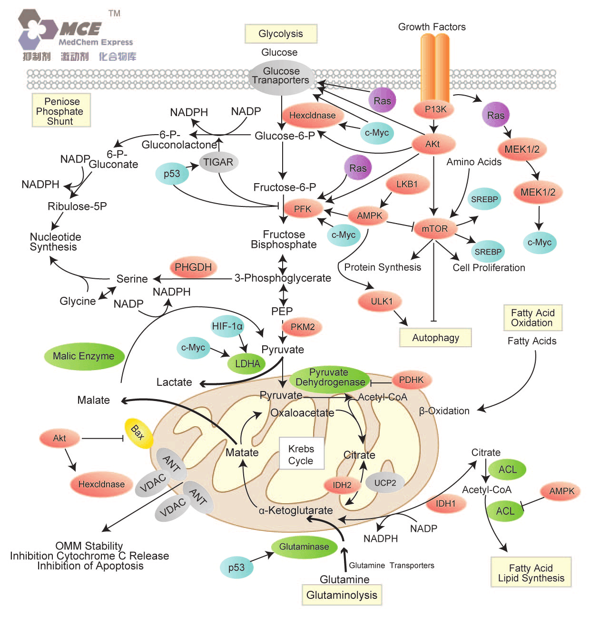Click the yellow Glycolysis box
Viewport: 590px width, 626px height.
[281, 34]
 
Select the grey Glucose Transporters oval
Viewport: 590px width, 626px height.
[281, 76]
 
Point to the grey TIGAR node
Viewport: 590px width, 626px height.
[218, 162]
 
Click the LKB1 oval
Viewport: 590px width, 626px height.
[407, 184]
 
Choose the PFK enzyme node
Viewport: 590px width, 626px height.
[303, 209]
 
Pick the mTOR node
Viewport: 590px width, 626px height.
[434, 229]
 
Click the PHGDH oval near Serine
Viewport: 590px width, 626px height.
[193, 267]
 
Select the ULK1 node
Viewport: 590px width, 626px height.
[382, 301]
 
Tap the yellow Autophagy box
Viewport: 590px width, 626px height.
[435, 338]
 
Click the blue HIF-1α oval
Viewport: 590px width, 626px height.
[227, 326]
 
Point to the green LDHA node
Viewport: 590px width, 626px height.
[247, 364]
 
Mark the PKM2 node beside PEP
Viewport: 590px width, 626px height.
[303, 327]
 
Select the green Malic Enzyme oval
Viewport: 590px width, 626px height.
[84, 356]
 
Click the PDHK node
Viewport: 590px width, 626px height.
[411, 380]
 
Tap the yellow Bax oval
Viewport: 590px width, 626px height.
[138, 433]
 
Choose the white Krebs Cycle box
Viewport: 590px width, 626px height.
[301, 455]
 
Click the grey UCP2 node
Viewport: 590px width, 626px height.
[385, 483]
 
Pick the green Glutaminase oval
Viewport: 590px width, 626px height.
[304, 547]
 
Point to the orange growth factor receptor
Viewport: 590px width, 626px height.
[435, 67]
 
